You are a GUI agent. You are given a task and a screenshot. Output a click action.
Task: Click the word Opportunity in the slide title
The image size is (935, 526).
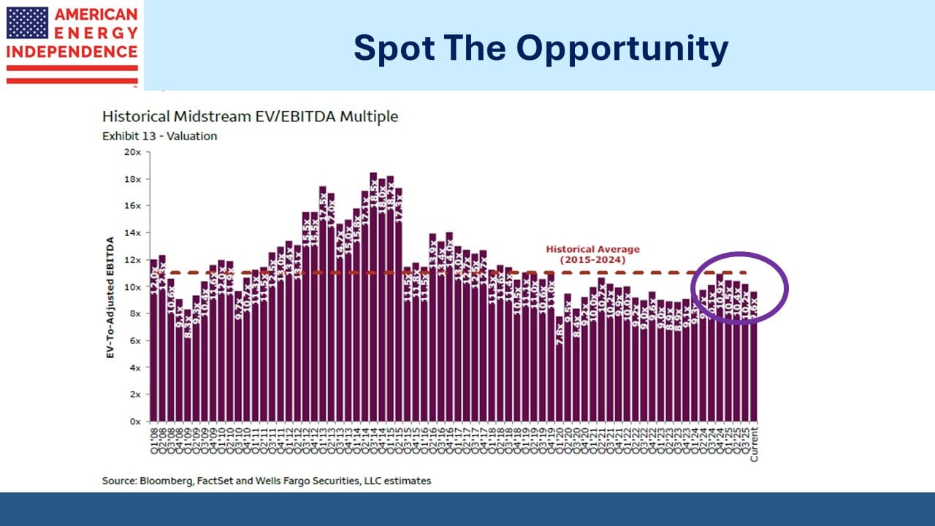point(622,48)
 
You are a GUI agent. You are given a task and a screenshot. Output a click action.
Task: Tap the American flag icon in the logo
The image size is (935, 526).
point(27,23)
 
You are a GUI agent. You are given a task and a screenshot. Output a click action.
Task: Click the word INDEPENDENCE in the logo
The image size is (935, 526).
point(72,52)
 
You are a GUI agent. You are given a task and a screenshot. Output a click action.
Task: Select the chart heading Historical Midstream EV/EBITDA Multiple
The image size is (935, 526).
point(250,117)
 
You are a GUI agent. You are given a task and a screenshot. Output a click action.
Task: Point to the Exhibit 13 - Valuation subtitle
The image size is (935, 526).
point(159,136)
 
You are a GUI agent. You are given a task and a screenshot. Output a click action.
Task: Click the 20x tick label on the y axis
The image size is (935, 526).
point(133,152)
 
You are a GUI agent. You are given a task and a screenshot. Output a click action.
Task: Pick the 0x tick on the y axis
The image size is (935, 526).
point(136,422)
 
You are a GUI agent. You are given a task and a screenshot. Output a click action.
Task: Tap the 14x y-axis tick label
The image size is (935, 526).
point(133,233)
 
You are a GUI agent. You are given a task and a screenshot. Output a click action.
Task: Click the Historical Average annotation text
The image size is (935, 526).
point(593,249)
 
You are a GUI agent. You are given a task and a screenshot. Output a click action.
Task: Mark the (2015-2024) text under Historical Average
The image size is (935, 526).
point(593,260)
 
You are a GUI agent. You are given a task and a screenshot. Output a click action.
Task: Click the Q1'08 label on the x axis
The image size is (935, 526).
point(153,436)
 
